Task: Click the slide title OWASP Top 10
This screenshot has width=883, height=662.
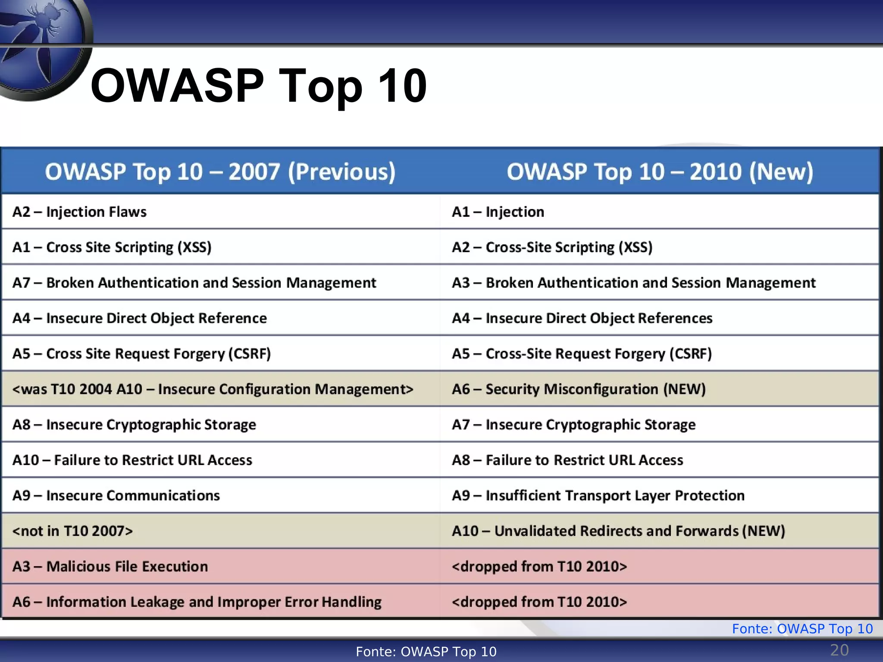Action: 259,86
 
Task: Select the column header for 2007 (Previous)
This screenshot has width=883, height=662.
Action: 220,172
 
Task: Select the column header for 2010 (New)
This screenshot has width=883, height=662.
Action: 660,172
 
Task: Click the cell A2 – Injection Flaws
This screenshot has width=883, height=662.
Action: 80,212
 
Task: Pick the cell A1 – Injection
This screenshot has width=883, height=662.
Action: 498,212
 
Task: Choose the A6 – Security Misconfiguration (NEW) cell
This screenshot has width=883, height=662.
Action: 579,389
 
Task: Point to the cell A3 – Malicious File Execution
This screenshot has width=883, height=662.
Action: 110,566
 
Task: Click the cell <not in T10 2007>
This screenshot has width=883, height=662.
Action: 73,531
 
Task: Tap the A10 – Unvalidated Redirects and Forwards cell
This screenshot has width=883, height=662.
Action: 618,531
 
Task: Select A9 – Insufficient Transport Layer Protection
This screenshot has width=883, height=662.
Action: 598,496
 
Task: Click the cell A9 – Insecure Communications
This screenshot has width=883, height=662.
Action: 116,496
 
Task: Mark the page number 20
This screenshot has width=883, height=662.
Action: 839,650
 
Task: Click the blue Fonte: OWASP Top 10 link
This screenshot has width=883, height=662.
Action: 802,629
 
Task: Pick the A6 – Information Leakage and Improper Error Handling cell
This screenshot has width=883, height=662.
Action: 197,602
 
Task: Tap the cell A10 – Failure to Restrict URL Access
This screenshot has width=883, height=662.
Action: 132,460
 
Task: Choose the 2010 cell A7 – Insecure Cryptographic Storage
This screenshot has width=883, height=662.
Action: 573,425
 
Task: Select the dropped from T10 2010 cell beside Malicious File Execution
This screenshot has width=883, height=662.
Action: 539,566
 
